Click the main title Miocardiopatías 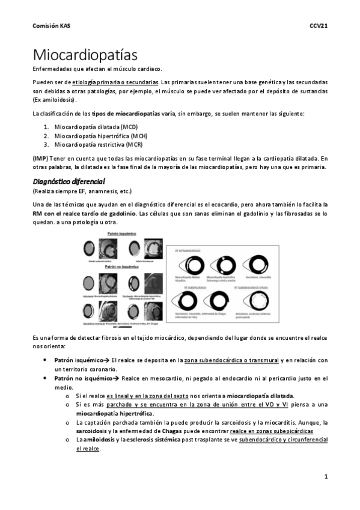pos(85,55)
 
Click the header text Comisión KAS pos(50,26)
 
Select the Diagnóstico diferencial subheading pos(69,181)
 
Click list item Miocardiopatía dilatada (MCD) pos(96,127)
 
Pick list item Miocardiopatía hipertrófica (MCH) pos(100,136)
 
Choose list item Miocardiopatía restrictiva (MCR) pos(99,145)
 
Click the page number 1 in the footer pos(325,476)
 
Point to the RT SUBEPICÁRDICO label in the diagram pos(189,288)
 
